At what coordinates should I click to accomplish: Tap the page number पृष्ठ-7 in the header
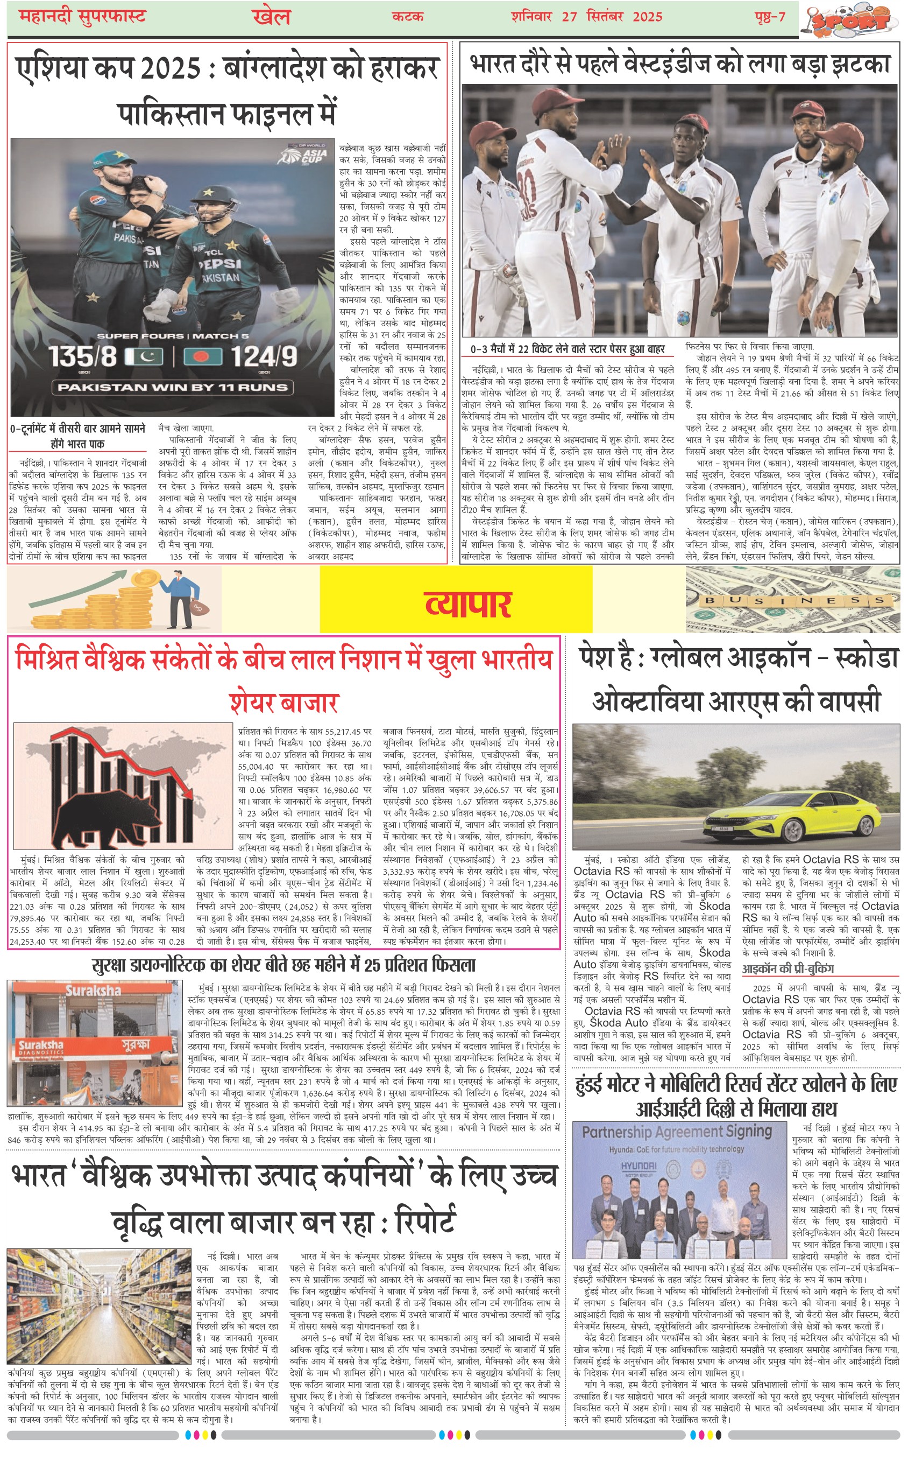click(x=770, y=16)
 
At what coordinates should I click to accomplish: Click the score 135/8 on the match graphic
click(x=83, y=356)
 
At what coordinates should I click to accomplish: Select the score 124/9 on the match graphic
click(x=264, y=356)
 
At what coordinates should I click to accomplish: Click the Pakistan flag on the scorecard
click(x=144, y=356)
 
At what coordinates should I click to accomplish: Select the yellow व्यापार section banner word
click(x=468, y=603)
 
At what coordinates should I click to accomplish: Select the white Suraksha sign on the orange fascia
click(x=93, y=990)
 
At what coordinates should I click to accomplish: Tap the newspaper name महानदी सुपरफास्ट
click(x=82, y=16)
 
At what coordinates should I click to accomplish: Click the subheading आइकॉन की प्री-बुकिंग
click(x=788, y=968)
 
